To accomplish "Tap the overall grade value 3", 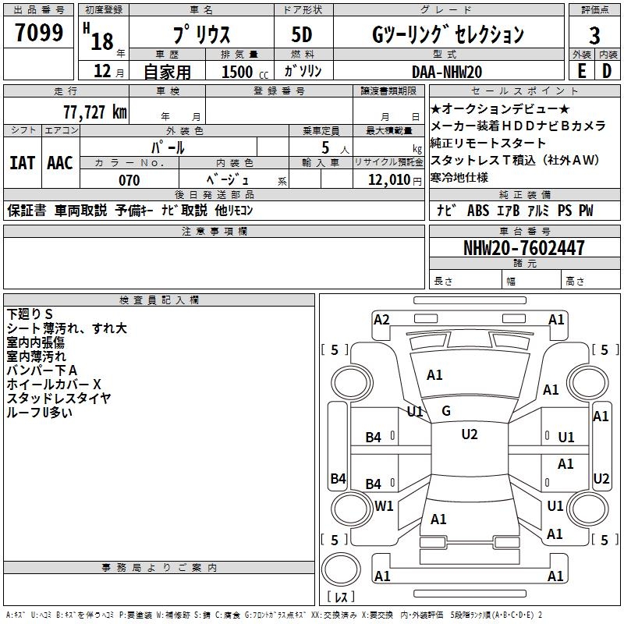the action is (594, 35).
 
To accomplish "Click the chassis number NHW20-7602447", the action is (524, 248).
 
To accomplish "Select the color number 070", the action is (129, 180).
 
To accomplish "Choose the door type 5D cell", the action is (303, 35).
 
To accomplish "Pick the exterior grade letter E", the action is (581, 71).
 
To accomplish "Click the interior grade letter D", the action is (607, 71).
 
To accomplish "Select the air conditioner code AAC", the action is (60, 162).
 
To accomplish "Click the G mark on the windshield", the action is (446, 411).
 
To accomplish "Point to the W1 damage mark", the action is (384, 505).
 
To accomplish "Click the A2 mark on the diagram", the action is (381, 319).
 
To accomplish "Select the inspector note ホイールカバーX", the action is (54, 385).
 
